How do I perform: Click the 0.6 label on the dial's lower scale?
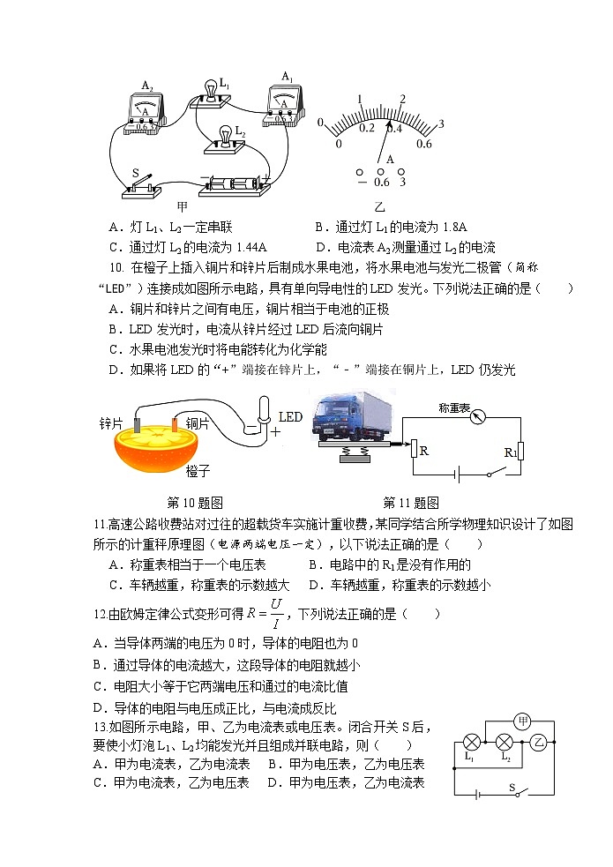pos(423,144)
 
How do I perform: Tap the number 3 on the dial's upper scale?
pos(442,123)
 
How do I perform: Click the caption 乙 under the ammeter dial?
pos(380,207)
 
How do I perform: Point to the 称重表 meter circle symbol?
pos(478,416)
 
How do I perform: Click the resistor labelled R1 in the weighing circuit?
pos(521,451)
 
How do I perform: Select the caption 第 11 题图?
pos(410,503)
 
